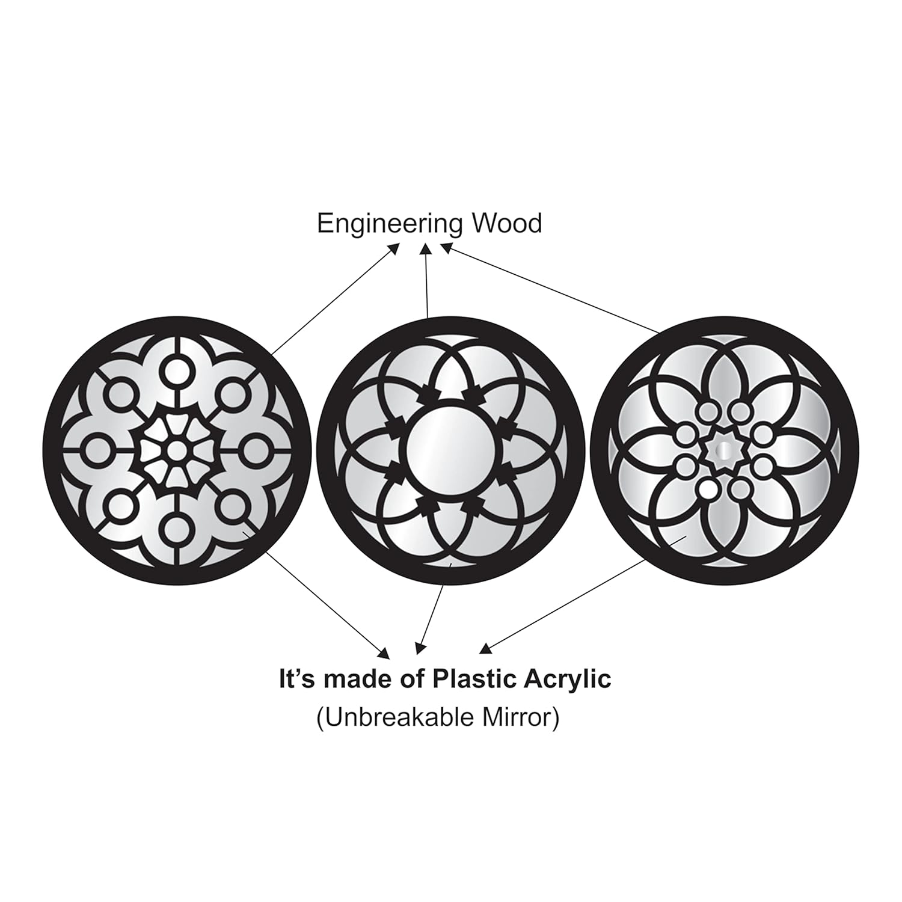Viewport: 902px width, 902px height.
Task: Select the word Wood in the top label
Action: pos(506,223)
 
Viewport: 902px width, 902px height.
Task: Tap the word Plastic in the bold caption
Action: pos(470,680)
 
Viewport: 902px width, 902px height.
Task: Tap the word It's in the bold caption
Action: pos(299,680)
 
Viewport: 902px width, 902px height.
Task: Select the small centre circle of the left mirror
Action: pos(176,449)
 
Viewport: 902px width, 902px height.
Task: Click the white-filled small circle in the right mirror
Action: pos(708,489)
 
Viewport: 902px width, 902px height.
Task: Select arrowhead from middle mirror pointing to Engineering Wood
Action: pos(426,248)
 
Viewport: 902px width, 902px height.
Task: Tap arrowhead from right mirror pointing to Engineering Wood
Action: pos(446,248)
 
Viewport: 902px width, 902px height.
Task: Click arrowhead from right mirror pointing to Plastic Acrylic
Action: pos(485,648)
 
